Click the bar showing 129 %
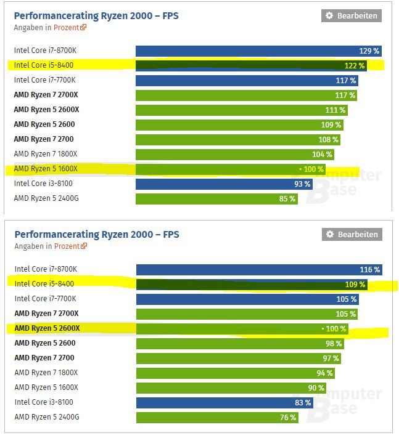(259, 51)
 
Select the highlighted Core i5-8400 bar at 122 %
(251, 65)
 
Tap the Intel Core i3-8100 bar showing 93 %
(224, 184)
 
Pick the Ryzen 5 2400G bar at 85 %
(216, 198)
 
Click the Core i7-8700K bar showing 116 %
(259, 270)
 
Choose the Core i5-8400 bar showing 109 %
(252, 285)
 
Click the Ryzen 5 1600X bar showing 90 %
(231, 388)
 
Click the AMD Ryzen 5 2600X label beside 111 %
(46, 110)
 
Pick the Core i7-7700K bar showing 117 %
(247, 80)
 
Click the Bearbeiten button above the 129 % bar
(352, 16)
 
